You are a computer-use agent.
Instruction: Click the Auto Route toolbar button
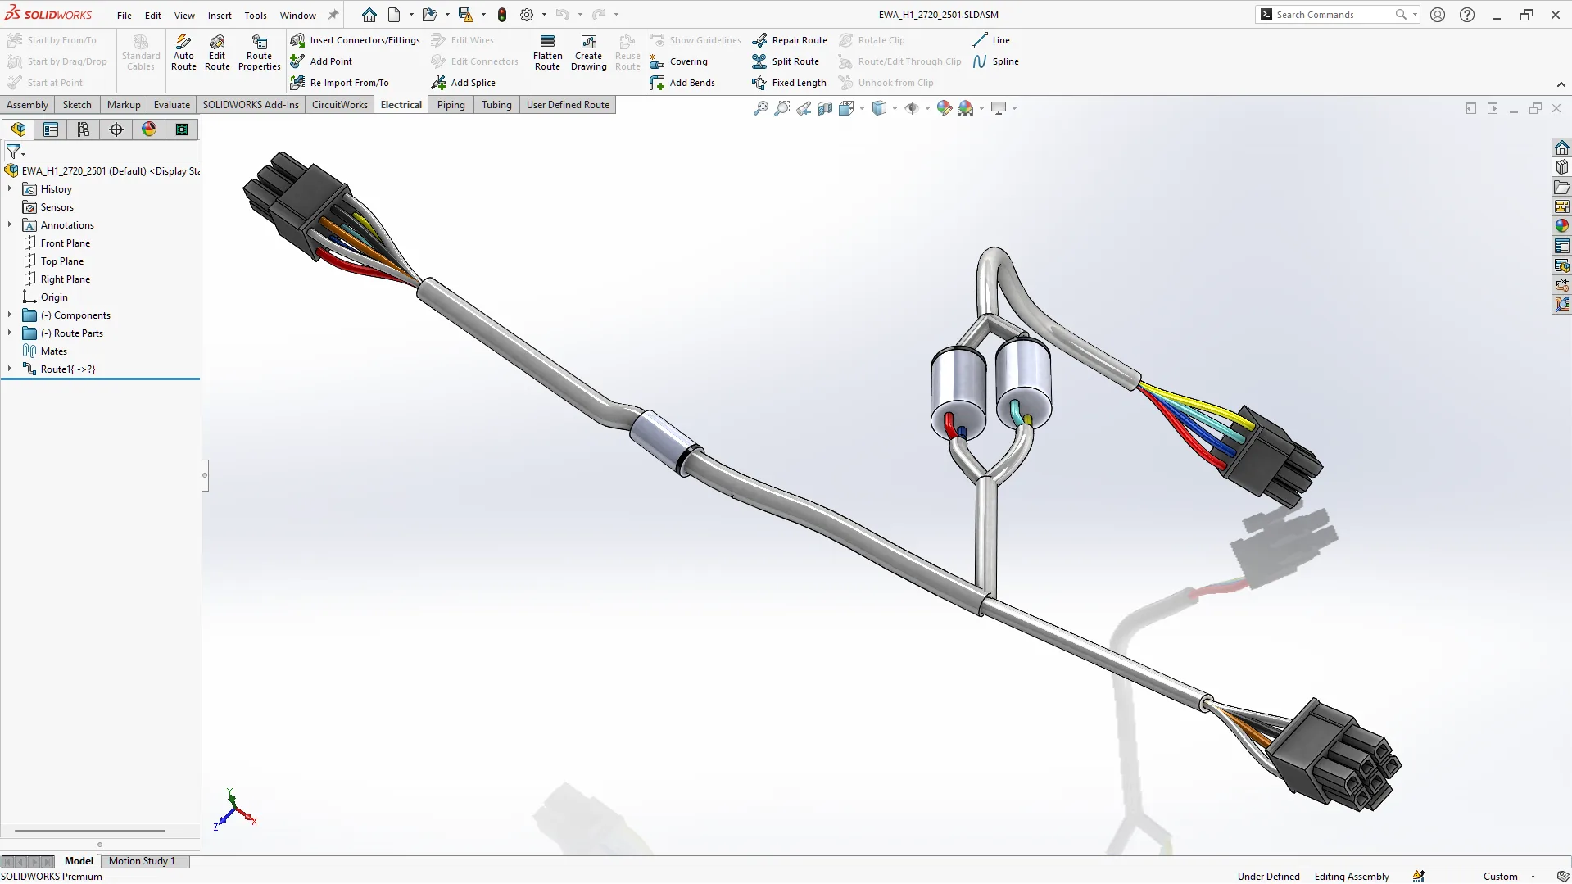[x=183, y=52]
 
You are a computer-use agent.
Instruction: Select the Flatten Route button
[x=547, y=52]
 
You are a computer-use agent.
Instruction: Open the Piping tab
[x=451, y=105]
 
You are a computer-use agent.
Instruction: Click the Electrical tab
[x=401, y=105]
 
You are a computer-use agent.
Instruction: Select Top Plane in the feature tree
[x=62, y=261]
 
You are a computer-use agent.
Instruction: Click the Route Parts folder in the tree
[x=78, y=333]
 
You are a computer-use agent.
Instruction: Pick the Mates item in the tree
[x=54, y=351]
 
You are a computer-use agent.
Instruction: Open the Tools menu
[x=256, y=15]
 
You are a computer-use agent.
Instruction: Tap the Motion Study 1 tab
[x=142, y=861]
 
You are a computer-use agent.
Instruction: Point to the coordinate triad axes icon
[x=234, y=811]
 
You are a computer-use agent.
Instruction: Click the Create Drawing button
[x=588, y=52]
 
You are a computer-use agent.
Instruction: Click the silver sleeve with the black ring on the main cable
[x=664, y=441]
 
